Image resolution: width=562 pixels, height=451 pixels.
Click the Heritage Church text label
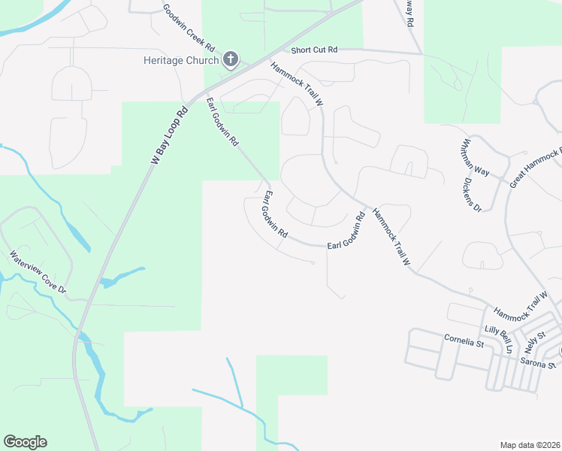pos(182,60)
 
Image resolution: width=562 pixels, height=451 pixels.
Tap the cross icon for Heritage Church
pos(231,60)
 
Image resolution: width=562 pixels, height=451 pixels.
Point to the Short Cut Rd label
pos(314,50)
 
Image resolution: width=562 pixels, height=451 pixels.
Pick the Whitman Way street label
pos(476,158)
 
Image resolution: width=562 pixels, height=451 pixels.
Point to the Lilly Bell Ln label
pos(498,338)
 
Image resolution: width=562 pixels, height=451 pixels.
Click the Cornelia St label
pos(463,344)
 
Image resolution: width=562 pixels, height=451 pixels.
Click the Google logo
pos(25,442)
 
